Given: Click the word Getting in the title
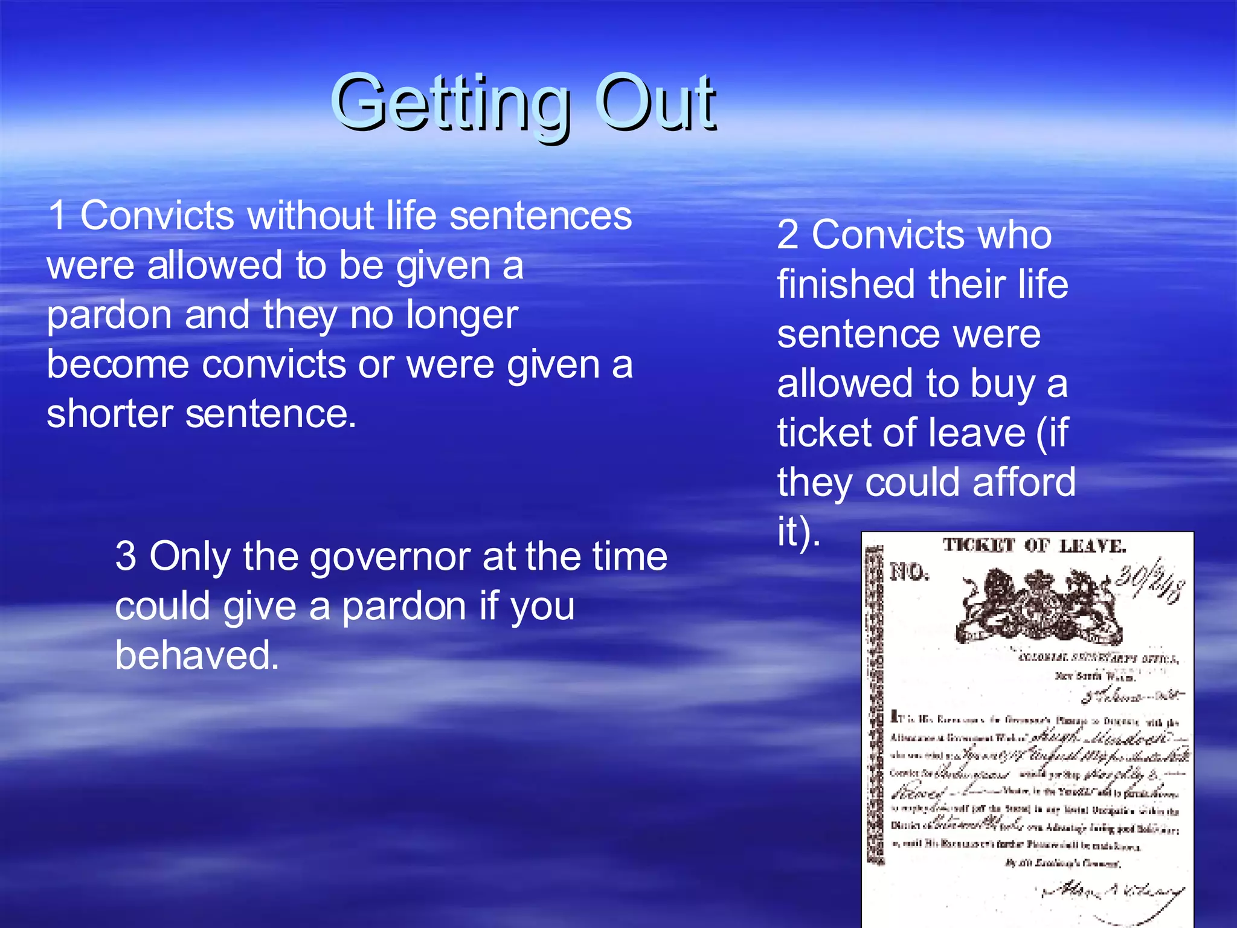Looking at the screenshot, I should [x=450, y=103].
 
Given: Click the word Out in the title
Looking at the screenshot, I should [x=655, y=103].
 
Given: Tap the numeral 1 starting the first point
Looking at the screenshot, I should [x=57, y=216].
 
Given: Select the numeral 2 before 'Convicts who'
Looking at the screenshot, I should [x=788, y=235].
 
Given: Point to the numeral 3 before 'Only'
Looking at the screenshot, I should [x=126, y=556].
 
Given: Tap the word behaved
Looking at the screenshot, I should [x=198, y=656].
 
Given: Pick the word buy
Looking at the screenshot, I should [x=1003, y=384].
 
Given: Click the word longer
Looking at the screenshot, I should [x=462, y=316].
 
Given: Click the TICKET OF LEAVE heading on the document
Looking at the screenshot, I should [x=1034, y=546].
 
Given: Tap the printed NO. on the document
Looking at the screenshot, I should [x=909, y=572].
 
